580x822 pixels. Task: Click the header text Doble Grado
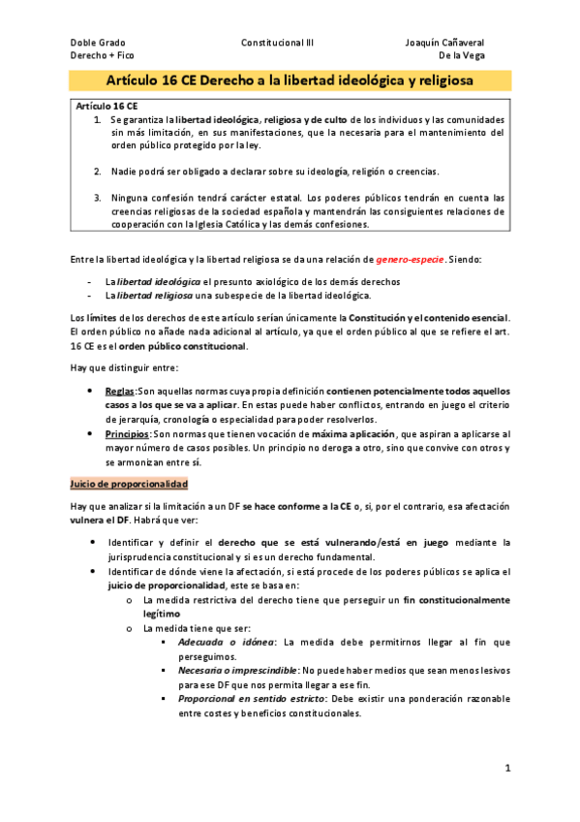[98, 43]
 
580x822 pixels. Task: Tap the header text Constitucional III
[277, 43]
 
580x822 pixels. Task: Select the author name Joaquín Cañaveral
[445, 43]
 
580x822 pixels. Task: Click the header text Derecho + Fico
[103, 56]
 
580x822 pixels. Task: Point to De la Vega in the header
[462, 56]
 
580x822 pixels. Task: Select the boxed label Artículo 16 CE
[107, 105]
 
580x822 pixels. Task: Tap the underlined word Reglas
[121, 390]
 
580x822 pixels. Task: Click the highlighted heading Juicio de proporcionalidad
[129, 483]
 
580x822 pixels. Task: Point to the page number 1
[506, 769]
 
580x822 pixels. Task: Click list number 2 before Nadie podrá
[98, 172]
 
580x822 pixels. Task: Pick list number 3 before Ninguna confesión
[98, 197]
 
